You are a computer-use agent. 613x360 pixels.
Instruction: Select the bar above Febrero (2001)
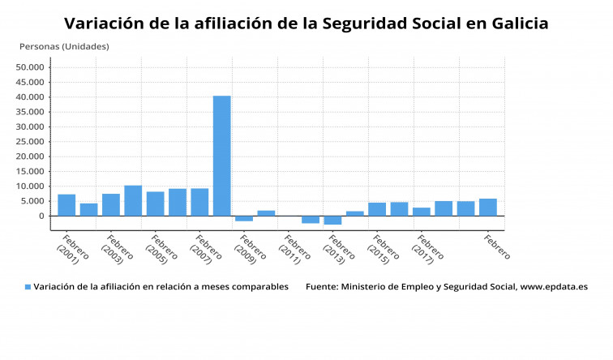[66, 205]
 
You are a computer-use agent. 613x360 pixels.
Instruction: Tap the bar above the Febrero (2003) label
[111, 205]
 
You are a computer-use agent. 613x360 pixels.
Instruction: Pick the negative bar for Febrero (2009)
[244, 218]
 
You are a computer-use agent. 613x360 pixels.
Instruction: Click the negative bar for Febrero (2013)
[332, 220]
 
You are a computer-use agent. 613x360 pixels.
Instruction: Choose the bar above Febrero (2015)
[377, 209]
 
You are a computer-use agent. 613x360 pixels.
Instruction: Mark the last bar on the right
[488, 208]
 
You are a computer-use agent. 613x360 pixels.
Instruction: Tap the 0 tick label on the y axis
[40, 216]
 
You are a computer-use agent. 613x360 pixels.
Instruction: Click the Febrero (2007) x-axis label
[208, 249]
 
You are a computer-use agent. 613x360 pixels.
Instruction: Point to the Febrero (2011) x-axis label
[297, 249]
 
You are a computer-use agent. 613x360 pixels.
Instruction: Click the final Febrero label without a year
[496, 246]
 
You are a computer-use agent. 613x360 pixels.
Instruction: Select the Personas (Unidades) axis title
[64, 46]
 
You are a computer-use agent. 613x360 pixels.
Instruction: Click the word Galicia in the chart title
[519, 24]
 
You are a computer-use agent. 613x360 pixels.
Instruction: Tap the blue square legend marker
[28, 287]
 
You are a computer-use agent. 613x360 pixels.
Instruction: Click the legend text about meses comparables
[161, 287]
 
